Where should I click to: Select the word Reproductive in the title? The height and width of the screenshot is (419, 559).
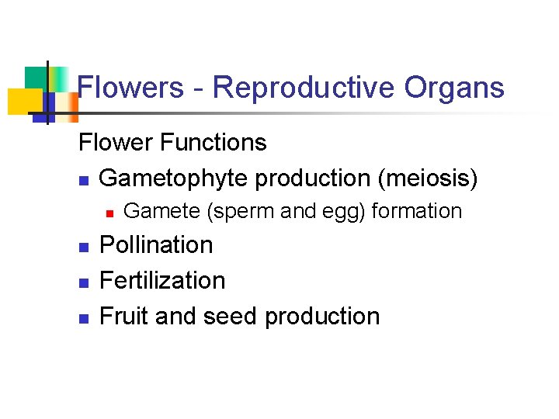point(303,88)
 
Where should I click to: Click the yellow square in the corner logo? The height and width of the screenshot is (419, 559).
point(23,102)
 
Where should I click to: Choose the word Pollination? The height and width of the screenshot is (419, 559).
point(157,245)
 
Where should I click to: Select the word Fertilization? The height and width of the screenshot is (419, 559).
point(163,280)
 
